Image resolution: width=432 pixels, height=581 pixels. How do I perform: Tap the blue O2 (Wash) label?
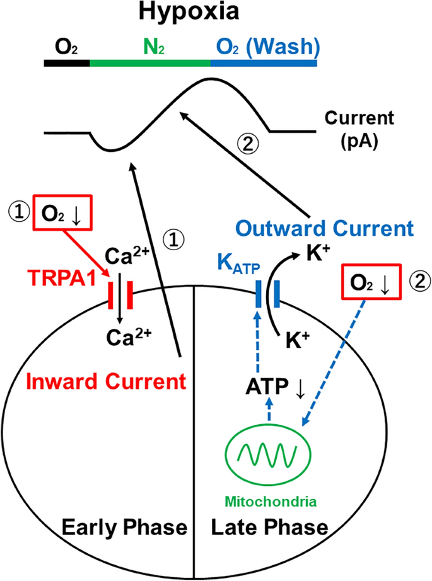264,47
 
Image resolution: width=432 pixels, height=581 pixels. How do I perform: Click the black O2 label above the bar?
67,47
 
